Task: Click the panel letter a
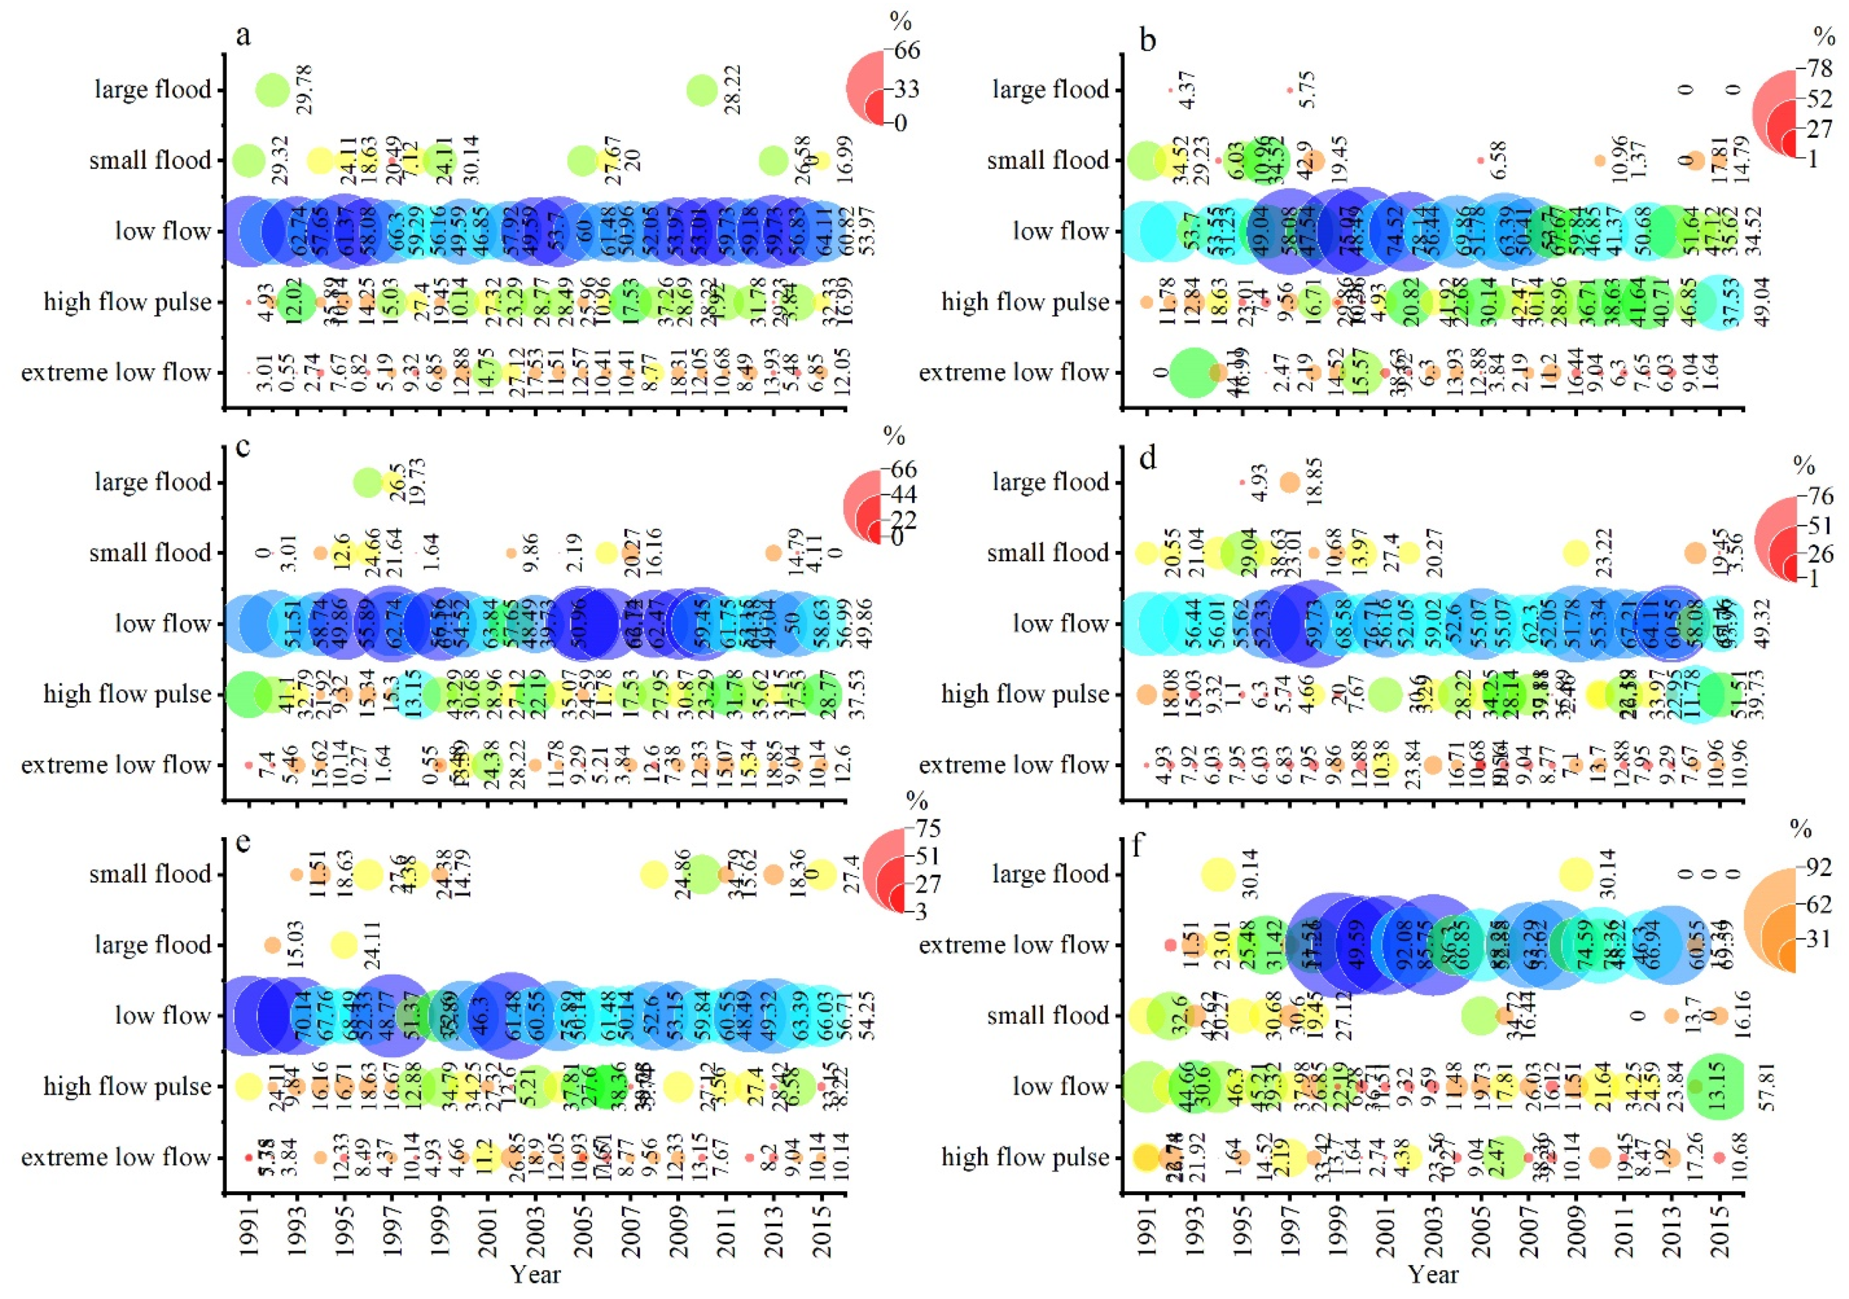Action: click(242, 36)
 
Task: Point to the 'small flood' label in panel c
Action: click(150, 553)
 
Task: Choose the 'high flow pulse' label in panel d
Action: click(1025, 694)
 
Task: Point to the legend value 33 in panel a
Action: click(906, 89)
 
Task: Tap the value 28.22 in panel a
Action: click(733, 89)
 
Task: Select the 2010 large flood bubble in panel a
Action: click(702, 89)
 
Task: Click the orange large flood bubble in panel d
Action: click(1289, 482)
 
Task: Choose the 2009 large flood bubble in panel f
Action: click(1576, 874)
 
